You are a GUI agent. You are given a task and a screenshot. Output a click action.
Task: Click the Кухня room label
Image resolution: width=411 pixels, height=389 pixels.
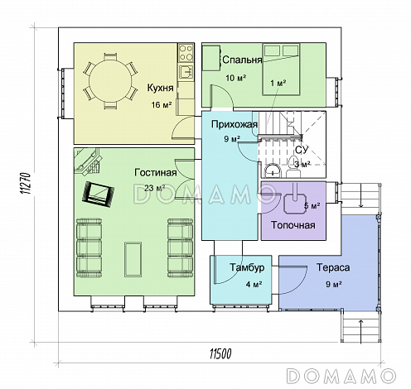point(160,88)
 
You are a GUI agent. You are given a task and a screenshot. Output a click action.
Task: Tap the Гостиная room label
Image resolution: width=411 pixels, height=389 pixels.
point(156,173)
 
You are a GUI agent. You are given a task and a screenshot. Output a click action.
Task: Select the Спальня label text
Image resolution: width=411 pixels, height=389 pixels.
point(242,60)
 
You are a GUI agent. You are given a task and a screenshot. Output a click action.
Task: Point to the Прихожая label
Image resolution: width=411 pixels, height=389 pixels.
point(235,125)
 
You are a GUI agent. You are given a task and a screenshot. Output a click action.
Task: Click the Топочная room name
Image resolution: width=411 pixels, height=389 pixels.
point(293,225)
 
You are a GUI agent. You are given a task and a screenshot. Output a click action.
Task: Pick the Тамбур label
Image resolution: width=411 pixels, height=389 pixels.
point(247,267)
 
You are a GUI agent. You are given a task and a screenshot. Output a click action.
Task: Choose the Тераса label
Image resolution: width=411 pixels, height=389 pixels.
point(333,267)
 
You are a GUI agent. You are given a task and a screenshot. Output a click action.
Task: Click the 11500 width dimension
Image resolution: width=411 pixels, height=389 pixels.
point(220,353)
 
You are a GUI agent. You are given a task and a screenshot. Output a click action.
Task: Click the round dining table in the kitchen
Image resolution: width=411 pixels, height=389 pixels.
point(110,82)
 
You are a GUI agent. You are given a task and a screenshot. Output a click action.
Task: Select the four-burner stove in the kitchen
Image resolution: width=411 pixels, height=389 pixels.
point(186,53)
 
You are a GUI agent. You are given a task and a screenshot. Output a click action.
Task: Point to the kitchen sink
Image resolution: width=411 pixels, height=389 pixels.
point(186,72)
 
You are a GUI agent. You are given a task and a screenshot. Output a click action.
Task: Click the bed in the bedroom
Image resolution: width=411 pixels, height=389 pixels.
point(281,70)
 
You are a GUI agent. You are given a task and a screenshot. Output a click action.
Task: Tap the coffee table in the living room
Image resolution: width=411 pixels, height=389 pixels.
point(133,259)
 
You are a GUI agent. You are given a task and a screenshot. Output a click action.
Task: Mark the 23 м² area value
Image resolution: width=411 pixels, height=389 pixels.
point(155,188)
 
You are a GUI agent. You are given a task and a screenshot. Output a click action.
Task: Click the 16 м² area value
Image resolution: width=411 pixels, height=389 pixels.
point(162,105)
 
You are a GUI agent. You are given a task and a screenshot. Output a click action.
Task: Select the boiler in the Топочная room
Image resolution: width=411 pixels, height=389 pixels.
point(295,203)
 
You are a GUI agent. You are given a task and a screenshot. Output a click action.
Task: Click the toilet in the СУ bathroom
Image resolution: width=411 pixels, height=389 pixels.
point(293,168)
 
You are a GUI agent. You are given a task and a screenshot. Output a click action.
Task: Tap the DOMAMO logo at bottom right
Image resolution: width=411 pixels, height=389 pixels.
point(341,376)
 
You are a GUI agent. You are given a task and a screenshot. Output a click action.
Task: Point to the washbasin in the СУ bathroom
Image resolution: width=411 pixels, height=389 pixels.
point(273,170)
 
